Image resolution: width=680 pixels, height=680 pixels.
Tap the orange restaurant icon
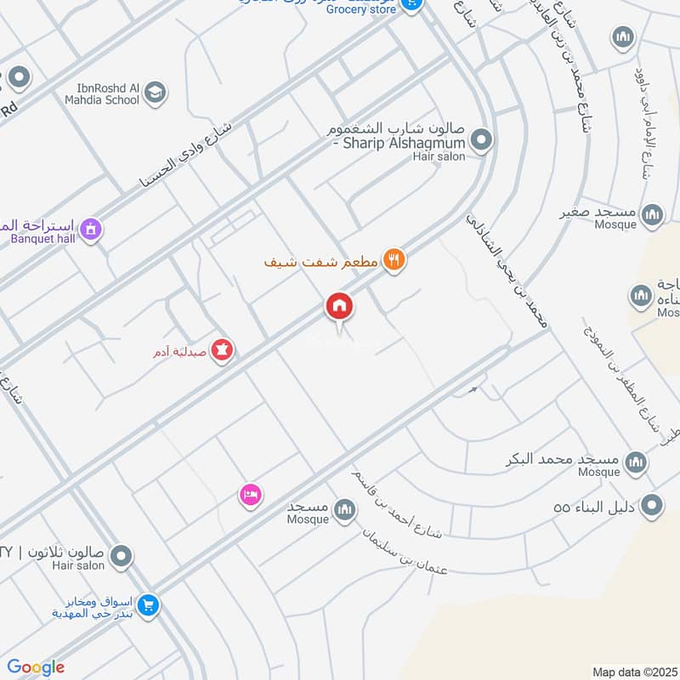393,259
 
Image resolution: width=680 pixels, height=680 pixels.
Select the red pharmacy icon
223,348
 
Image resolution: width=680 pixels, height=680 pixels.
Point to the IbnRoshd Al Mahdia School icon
154,93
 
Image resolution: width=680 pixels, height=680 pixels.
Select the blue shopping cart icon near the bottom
149,605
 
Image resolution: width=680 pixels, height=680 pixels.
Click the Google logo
36,667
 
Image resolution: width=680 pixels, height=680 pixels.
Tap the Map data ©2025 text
633,671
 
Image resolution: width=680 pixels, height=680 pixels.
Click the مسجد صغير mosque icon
652,214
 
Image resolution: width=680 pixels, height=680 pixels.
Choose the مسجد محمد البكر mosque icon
634,462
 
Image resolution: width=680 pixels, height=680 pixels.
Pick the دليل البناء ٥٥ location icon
652,507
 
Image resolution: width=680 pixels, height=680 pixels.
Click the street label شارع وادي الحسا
195,152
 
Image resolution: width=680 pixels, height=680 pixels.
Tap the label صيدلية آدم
178,351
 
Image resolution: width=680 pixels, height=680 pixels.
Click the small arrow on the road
473,390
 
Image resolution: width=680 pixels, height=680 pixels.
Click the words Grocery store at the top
360,9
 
